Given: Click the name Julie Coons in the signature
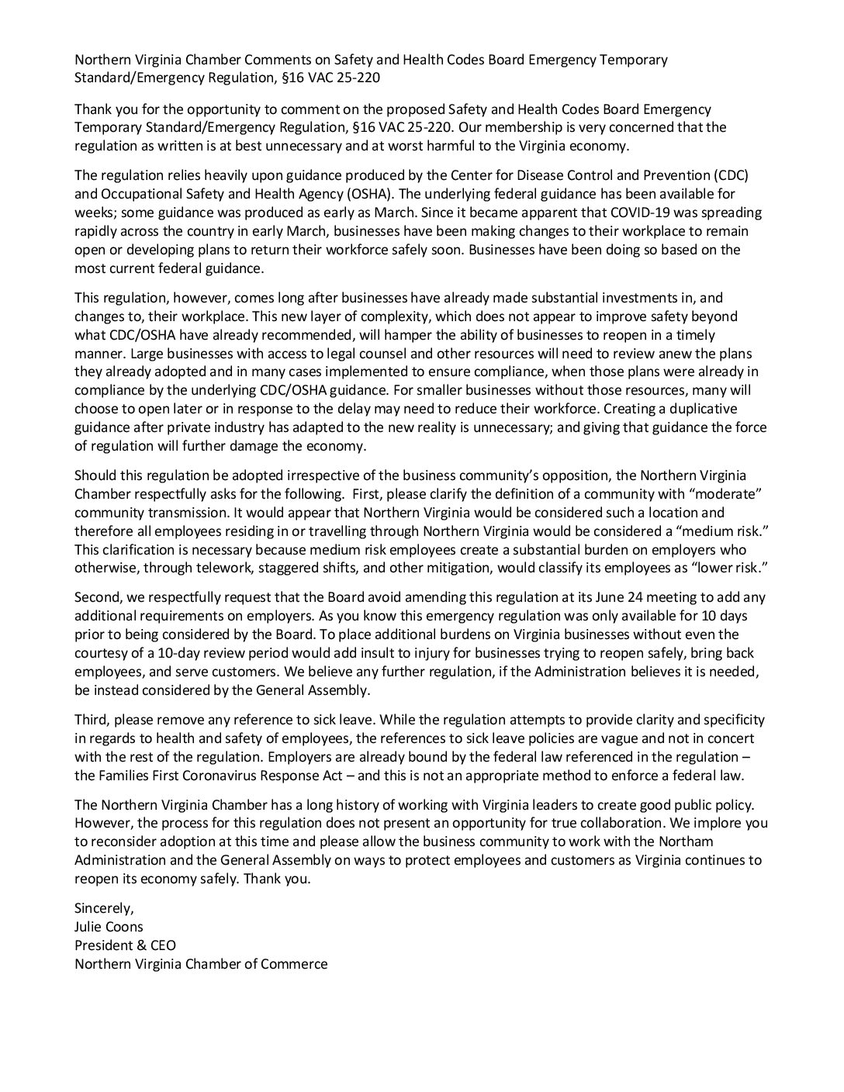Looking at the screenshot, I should click(109, 927).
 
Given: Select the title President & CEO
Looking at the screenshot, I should click(125, 945).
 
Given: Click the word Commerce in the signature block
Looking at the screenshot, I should click(298, 964).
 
